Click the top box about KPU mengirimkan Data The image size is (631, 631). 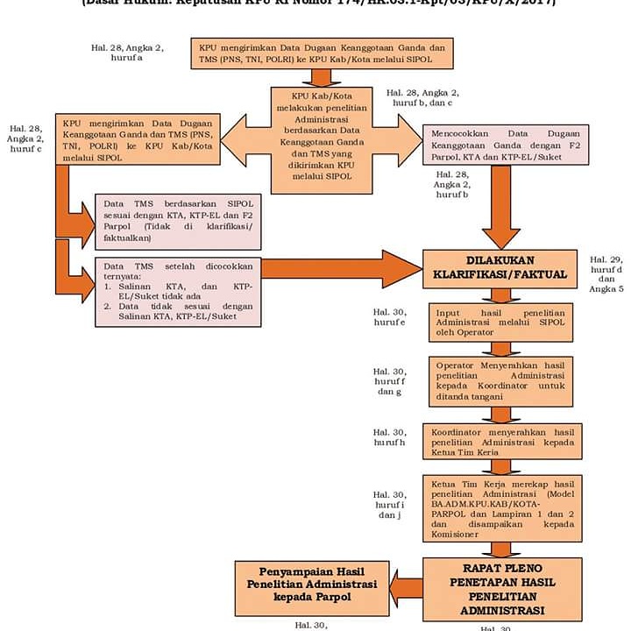pos(322,53)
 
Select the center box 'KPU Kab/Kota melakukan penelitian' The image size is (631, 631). pos(322,138)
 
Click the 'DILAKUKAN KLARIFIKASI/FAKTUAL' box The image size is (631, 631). pos(500,268)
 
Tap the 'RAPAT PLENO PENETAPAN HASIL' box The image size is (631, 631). pos(501,586)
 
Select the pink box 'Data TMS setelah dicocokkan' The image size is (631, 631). pos(178,292)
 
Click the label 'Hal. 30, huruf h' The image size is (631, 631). pos(388,437)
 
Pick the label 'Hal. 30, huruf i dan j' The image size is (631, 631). pos(388,504)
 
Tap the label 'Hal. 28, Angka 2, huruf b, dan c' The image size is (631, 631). pos(419,97)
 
